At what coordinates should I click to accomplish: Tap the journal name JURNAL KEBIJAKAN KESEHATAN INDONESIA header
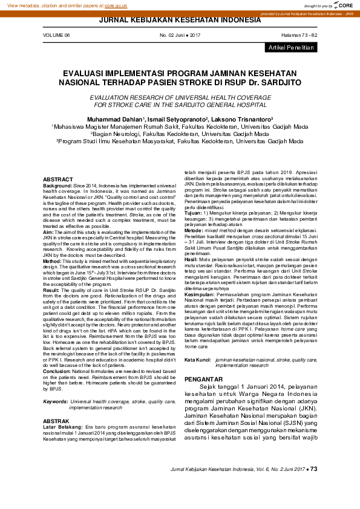coord(180,21)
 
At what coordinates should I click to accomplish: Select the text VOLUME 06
coord(56,36)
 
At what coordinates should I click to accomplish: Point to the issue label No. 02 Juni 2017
coord(180,36)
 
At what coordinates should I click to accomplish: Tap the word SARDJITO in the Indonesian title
coord(277,80)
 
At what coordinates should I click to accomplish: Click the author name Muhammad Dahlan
coord(115,120)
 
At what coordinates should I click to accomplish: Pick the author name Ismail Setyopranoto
coord(177,120)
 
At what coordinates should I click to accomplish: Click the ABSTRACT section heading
coord(58,180)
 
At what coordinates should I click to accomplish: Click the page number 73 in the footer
coord(313,469)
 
